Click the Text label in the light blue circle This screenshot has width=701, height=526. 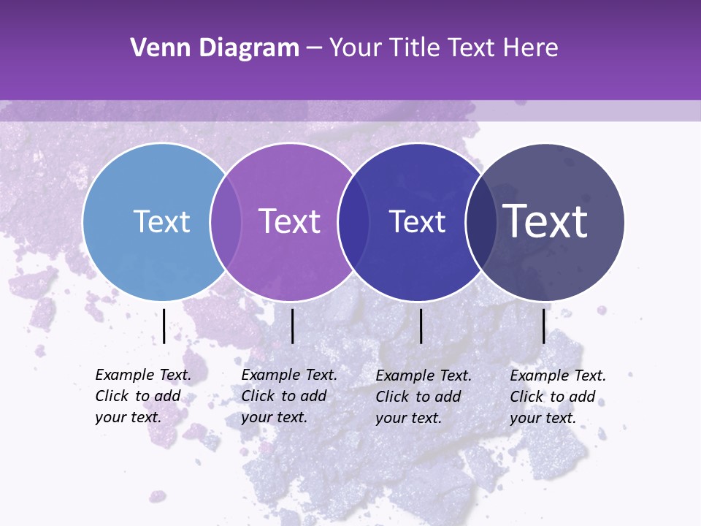(161, 221)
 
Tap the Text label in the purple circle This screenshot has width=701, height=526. (290, 221)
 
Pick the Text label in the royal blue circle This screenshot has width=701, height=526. (417, 221)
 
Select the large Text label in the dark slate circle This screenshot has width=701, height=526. (545, 221)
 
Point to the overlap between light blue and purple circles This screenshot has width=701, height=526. (226, 221)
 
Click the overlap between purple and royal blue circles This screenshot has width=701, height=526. (353, 221)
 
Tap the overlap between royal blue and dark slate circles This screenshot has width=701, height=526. (481, 221)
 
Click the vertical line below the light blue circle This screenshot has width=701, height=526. (164, 326)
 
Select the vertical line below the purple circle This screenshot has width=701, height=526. (292, 326)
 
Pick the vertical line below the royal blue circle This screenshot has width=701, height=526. (421, 326)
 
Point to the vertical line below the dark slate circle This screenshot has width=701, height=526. (543, 326)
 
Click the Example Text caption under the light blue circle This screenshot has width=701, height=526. (142, 396)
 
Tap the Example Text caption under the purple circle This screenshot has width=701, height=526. (288, 396)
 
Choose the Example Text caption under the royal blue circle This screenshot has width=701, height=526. (423, 397)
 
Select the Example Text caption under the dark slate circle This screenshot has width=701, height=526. (557, 397)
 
